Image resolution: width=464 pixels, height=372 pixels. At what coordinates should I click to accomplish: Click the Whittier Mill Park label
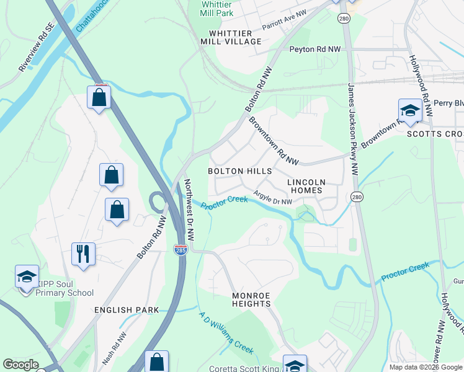[216, 8]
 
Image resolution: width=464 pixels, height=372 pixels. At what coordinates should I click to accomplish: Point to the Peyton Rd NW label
[315, 49]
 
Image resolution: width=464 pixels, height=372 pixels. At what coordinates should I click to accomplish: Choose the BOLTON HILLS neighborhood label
[239, 170]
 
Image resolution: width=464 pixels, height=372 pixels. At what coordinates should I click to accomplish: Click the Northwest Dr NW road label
[190, 211]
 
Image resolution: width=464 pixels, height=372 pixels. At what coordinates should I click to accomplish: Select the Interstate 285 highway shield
[178, 249]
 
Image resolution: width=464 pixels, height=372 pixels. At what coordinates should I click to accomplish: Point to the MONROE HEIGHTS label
[251, 299]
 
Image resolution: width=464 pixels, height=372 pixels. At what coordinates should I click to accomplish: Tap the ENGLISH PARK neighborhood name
[127, 309]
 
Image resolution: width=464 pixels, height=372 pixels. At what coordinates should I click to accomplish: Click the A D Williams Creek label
[226, 333]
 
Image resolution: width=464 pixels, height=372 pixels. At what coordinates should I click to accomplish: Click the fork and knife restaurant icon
[83, 253]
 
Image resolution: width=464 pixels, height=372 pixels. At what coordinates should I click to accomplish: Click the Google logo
[20, 365]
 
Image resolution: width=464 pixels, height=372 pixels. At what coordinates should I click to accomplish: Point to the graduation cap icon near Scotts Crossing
[410, 110]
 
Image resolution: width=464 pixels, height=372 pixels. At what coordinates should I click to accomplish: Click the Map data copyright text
[425, 367]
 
